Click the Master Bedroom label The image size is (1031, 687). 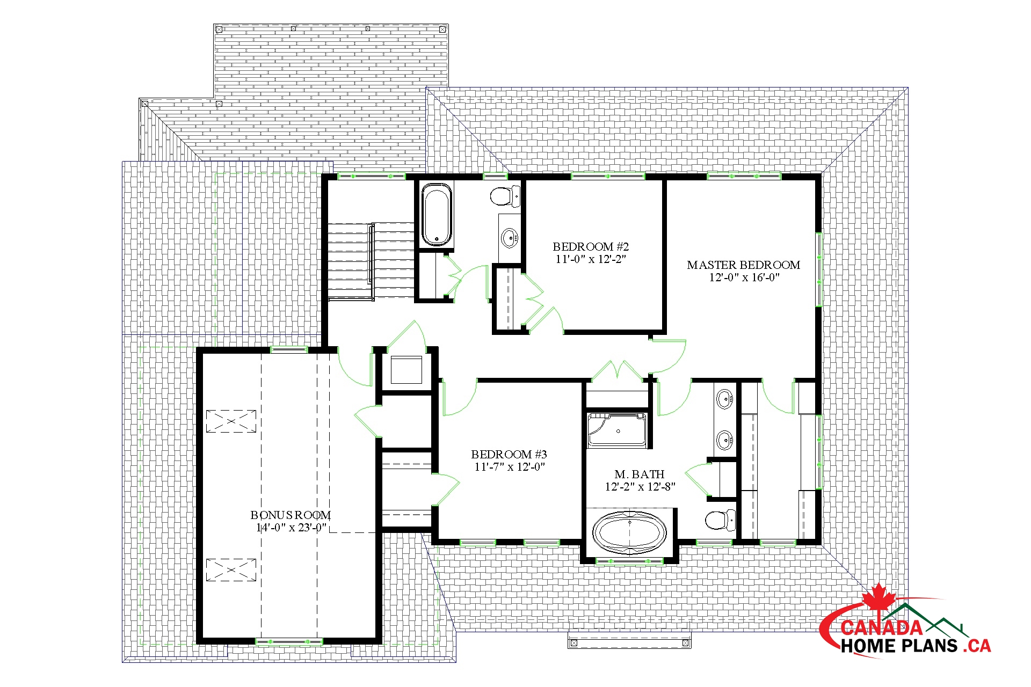[x=744, y=265]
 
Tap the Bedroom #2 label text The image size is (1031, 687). [x=591, y=247]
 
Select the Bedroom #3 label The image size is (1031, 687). [x=509, y=455]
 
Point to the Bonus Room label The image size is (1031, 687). [x=291, y=515]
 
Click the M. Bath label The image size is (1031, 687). [x=640, y=474]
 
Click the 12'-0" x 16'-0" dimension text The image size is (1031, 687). [x=744, y=277]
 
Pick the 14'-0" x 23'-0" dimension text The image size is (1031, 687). [x=291, y=528]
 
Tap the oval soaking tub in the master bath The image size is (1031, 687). [x=629, y=532]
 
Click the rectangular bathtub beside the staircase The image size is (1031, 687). [x=437, y=215]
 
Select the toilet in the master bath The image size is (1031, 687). [x=720, y=520]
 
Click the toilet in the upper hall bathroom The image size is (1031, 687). [x=505, y=196]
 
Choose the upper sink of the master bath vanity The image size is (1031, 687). [x=725, y=399]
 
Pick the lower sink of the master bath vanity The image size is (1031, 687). [x=725, y=441]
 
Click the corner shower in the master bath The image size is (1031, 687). [x=617, y=430]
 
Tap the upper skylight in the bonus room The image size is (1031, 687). [x=231, y=421]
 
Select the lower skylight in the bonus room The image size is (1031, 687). [x=231, y=569]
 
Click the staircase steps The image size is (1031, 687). [x=371, y=262]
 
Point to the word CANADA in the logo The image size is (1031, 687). [x=881, y=627]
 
